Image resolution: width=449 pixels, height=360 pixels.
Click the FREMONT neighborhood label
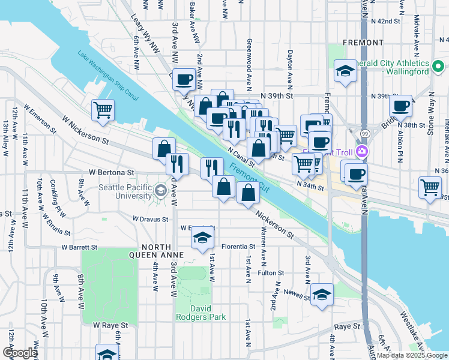[363, 43]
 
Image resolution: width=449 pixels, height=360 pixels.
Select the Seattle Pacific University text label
[125, 191]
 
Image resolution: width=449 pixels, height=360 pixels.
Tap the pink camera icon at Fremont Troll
[362, 151]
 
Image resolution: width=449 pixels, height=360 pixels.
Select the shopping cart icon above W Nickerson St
[103, 110]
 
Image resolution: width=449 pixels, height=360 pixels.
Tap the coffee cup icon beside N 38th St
[400, 106]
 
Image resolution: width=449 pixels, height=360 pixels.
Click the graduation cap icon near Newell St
[322, 295]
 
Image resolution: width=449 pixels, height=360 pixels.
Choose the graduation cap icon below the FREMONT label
[345, 71]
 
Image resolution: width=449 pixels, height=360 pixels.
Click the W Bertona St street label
[111, 172]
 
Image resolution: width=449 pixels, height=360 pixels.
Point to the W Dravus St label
[150, 219]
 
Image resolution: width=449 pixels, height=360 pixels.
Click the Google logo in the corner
[19, 353]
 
